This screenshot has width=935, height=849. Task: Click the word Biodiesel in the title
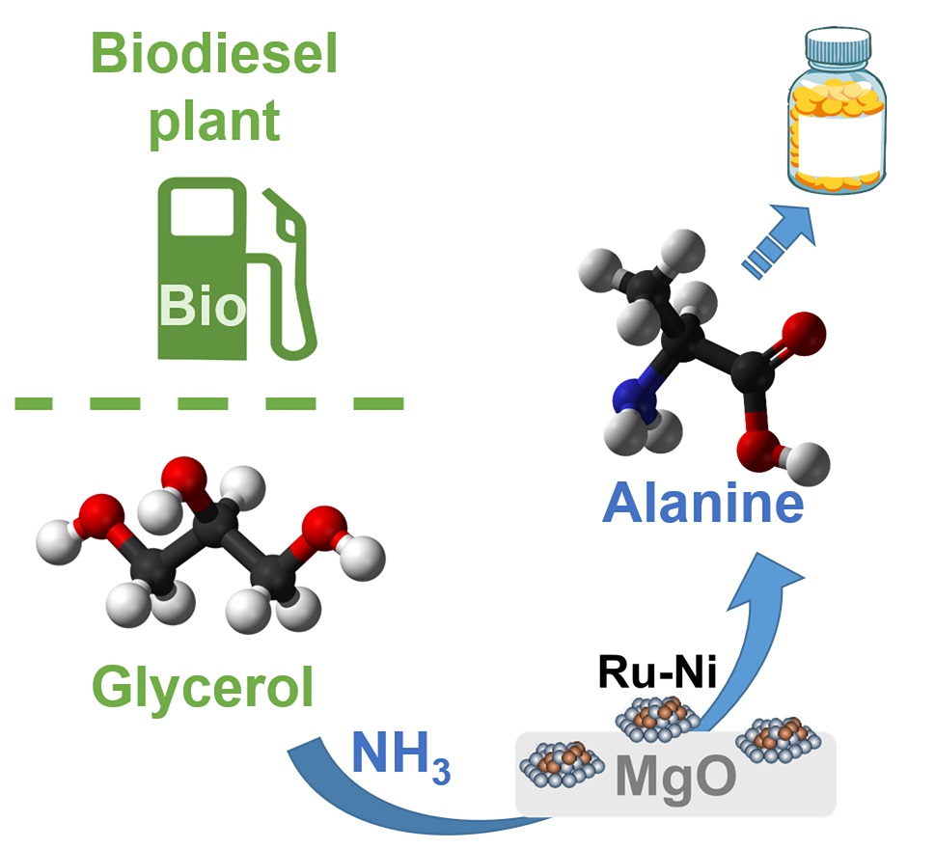click(x=214, y=56)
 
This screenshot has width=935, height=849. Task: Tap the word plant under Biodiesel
click(x=214, y=121)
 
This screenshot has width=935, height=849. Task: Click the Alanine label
click(x=703, y=503)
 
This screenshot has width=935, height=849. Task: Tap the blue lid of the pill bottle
click(x=838, y=46)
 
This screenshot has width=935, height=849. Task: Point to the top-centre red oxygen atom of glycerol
click(x=181, y=476)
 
